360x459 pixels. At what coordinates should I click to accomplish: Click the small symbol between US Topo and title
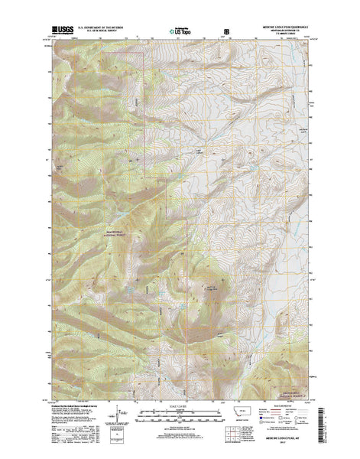(225, 32)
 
